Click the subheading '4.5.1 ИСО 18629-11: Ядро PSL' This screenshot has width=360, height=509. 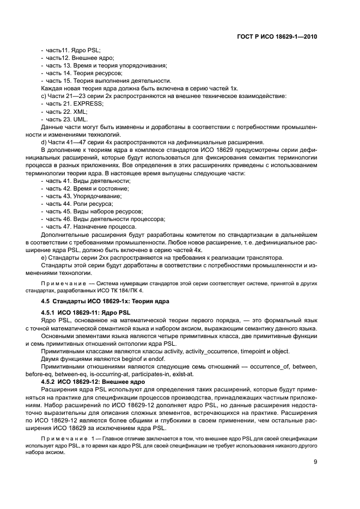(86, 314)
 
